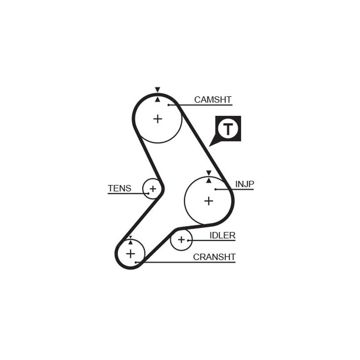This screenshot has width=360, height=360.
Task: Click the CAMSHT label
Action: (212, 99)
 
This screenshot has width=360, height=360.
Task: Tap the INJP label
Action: (245, 184)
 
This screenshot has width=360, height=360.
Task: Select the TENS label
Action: (119, 188)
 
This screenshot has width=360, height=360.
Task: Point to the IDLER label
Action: (222, 235)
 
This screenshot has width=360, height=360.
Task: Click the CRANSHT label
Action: (214, 257)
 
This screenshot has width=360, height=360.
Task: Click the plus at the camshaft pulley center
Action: (157, 119)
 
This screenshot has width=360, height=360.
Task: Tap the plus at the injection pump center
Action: (208, 201)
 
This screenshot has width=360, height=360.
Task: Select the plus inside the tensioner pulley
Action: (153, 189)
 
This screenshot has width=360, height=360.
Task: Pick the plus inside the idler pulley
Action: (181, 240)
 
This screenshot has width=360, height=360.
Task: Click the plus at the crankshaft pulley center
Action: (130, 254)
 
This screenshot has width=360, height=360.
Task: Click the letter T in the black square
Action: (228, 129)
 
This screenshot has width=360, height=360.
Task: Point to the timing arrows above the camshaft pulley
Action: (157, 94)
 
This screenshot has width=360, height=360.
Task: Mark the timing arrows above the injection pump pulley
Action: (208, 176)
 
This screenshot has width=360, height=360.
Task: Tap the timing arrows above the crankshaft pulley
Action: (130, 240)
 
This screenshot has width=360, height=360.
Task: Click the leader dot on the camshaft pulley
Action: (169, 105)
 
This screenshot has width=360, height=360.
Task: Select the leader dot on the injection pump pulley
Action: (216, 189)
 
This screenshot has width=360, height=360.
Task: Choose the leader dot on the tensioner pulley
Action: (148, 193)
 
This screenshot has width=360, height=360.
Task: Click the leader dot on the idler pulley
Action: (188, 240)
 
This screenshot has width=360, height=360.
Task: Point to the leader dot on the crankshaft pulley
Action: (135, 262)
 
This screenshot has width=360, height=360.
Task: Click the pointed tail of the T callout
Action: (211, 145)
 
